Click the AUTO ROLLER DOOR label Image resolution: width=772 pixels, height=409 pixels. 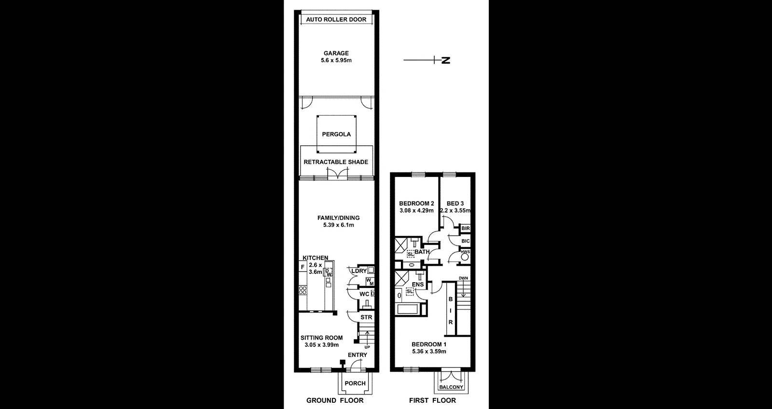coord(336,20)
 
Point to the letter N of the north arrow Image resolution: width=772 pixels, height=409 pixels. coord(446,60)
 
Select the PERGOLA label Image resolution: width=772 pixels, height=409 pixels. coord(336,135)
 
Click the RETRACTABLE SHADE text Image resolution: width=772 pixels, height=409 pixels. coord(336,162)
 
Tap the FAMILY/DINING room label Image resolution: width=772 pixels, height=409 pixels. coord(338,218)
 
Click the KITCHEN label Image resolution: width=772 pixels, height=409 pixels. coord(316,258)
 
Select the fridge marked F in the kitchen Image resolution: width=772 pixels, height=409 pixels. coord(303,267)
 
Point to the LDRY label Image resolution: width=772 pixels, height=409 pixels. coord(359,271)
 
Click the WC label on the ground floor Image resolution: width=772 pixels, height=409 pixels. coord(364,294)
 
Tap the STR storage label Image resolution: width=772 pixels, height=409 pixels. coord(366,317)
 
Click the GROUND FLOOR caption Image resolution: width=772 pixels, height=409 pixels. coord(335,400)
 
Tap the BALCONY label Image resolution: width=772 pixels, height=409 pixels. coord(452,387)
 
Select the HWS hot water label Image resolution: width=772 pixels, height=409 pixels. coord(465,252)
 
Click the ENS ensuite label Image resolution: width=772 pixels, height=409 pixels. coord(418,285)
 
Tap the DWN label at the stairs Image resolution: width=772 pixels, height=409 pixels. coord(463,278)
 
